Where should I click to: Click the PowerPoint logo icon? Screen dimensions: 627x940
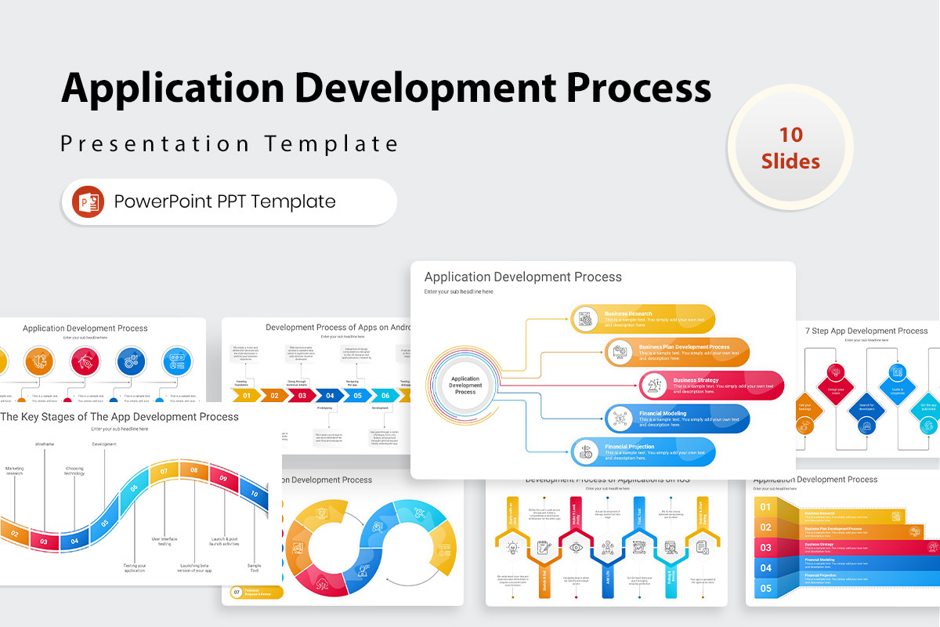(88, 202)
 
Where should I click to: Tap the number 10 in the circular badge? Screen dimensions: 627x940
(790, 134)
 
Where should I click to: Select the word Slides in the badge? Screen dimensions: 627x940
(790, 161)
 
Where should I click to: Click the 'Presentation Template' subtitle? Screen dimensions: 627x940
(230, 143)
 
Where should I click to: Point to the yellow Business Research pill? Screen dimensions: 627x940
(642, 319)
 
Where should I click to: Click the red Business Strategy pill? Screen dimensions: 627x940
(711, 386)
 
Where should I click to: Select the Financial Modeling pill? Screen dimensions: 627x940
(678, 419)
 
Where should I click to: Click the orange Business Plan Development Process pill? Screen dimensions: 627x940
(677, 352)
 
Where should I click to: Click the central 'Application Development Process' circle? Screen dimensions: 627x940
(465, 385)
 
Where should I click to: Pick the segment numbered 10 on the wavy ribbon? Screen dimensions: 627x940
(254, 495)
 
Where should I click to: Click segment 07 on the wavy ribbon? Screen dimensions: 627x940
(164, 472)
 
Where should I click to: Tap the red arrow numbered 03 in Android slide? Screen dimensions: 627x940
(302, 396)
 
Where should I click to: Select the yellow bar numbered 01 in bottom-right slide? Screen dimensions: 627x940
(765, 508)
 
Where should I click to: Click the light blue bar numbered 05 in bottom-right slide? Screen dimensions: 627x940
(765, 589)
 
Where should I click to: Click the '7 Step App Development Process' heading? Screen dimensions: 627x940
(866, 331)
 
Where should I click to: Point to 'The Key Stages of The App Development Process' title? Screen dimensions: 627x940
(119, 417)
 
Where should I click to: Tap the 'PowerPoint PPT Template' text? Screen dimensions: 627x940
(225, 201)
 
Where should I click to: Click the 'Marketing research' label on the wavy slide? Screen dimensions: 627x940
(15, 471)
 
